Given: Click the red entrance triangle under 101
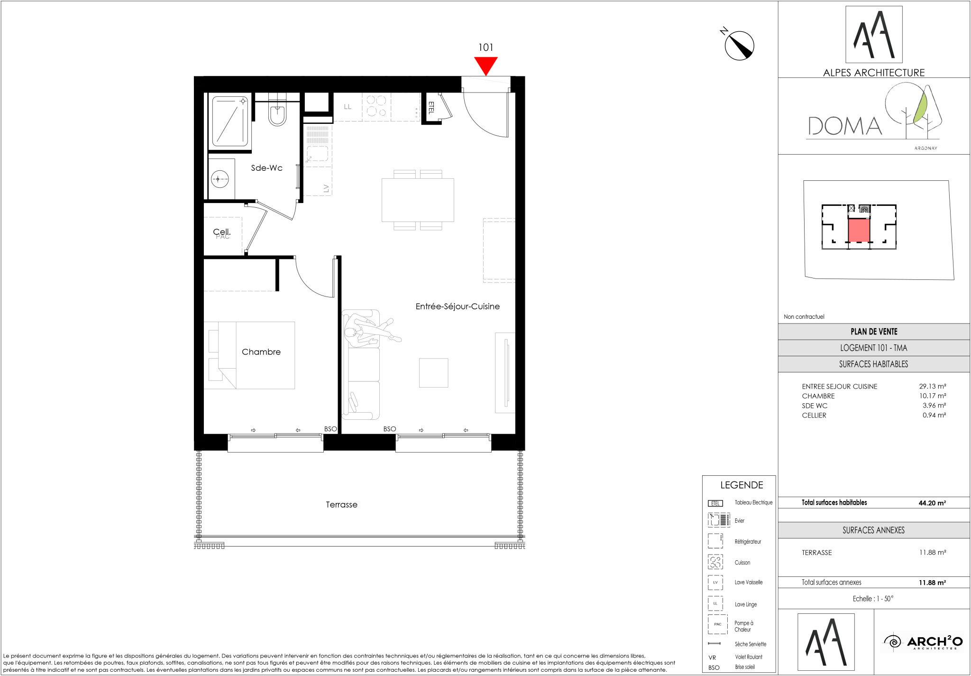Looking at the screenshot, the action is coord(486,65).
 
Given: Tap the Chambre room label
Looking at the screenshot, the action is coord(261,352).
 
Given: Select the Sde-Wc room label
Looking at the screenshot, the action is coord(266,168).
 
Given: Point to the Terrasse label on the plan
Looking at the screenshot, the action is coord(341,505).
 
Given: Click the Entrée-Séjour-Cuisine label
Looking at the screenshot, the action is coord(458,306).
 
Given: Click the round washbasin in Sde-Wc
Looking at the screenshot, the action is coord(220,179).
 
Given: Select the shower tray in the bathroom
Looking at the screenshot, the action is coord(230,121).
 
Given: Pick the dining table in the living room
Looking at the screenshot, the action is coord(418,200).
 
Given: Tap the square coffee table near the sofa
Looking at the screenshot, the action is coord(433,373).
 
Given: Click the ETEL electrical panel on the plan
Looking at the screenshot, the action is coord(431,108).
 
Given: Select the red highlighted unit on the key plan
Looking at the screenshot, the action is coord(859,231).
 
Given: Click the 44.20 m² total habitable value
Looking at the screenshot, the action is coord(932,503).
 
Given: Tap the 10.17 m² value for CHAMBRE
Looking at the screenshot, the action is coord(933,396).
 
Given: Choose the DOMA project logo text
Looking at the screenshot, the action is coord(845,126).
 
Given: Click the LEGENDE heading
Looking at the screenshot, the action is coord(742,485).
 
